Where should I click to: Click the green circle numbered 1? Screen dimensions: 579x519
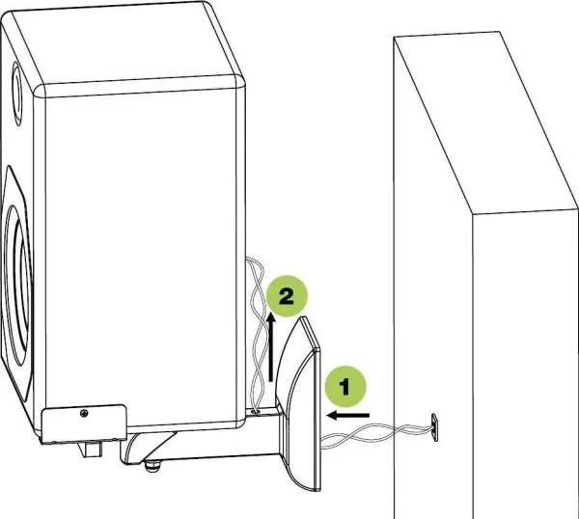(345, 387)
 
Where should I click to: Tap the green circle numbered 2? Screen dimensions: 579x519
(287, 295)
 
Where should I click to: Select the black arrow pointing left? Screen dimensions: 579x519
(347, 415)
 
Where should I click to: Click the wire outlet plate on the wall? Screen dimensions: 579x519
(434, 426)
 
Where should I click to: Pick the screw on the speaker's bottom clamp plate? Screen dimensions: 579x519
(84, 413)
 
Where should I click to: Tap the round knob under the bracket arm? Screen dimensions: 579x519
(152, 467)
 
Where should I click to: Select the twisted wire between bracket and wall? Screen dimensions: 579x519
(376, 434)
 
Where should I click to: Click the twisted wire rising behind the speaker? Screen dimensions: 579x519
(258, 332)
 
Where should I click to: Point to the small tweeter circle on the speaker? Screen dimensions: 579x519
(16, 94)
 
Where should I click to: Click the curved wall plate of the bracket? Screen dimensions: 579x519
(300, 404)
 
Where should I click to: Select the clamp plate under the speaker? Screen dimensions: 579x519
(84, 423)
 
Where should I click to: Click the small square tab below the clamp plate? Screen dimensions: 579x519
(91, 450)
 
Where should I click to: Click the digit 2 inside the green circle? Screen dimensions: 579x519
(287, 296)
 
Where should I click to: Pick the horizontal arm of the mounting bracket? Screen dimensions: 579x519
(202, 443)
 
